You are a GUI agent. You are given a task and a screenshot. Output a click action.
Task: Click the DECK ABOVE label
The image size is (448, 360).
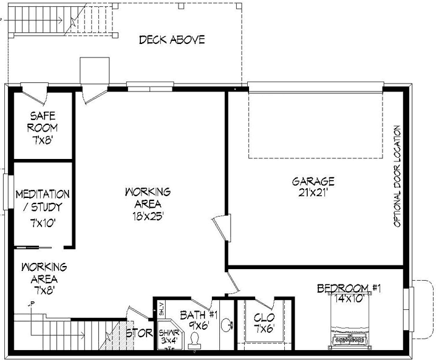171,40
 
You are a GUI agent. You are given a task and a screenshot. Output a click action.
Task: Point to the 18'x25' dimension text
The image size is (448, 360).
146,216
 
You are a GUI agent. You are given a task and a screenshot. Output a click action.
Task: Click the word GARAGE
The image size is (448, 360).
313,181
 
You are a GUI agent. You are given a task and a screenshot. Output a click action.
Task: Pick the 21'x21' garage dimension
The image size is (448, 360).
313,192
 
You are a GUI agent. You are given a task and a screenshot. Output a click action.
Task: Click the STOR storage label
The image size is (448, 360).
139,333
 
